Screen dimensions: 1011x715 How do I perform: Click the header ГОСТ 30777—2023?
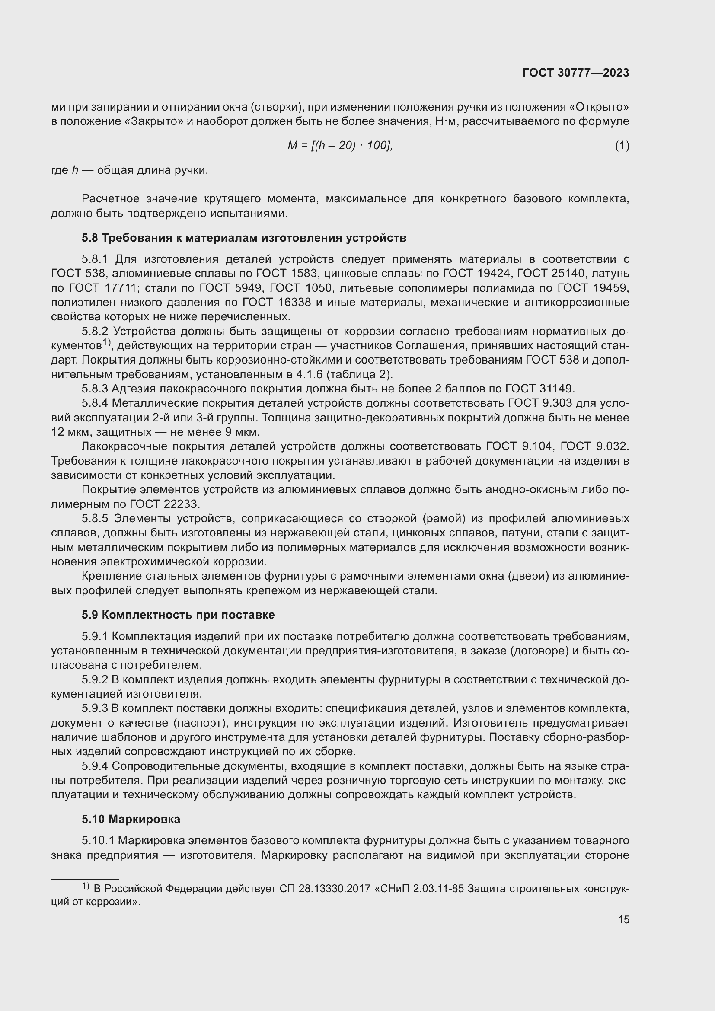[x=576, y=73]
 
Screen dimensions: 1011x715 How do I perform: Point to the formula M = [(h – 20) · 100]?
[x=339, y=145]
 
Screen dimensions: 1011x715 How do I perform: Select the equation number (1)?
[x=622, y=145]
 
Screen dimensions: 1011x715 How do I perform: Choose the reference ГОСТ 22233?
[x=165, y=504]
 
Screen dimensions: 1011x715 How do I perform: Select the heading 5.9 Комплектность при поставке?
[x=178, y=615]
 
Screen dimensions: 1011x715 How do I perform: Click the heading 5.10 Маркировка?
[x=131, y=820]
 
